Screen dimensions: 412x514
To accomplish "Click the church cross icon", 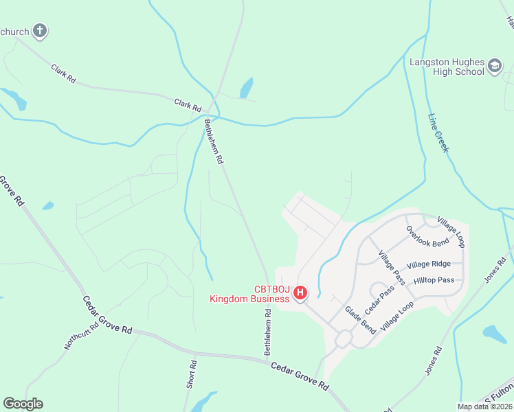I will pyautogui.click(x=41, y=30).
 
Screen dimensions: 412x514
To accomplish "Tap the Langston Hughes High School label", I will pyautogui.click(x=447, y=67).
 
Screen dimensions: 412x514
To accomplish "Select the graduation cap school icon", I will pyautogui.click(x=495, y=67).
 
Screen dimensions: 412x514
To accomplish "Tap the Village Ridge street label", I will pyautogui.click(x=428, y=264).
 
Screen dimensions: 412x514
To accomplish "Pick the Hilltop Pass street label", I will pyautogui.click(x=434, y=280).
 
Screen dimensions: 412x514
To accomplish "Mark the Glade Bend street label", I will pyautogui.click(x=360, y=320).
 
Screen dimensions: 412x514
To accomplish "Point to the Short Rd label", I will pyautogui.click(x=191, y=375).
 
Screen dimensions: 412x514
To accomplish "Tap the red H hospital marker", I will pyautogui.click(x=300, y=293).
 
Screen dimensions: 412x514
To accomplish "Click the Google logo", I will pyautogui.click(x=23, y=404).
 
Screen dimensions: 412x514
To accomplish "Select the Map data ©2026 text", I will pyautogui.click(x=484, y=407).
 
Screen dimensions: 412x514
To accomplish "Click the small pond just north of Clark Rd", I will pyautogui.click(x=246, y=88).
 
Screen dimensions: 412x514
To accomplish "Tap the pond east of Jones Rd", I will pyautogui.click(x=495, y=334).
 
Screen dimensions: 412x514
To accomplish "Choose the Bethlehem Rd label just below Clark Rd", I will pyautogui.click(x=214, y=141).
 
